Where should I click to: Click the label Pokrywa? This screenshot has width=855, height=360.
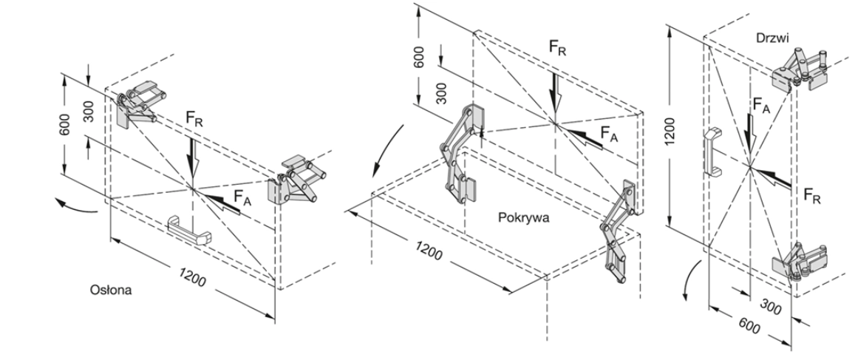524,218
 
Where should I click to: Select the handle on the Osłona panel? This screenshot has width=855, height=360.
189,230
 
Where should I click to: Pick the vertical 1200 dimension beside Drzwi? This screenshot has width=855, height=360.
670,131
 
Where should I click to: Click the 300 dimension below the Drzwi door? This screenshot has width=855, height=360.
771,309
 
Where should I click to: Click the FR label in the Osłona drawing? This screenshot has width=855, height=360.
194,119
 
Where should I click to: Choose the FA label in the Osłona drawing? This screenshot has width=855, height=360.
242,197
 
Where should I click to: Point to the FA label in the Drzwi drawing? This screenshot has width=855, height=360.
760,105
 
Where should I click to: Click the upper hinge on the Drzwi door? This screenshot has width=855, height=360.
800,69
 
